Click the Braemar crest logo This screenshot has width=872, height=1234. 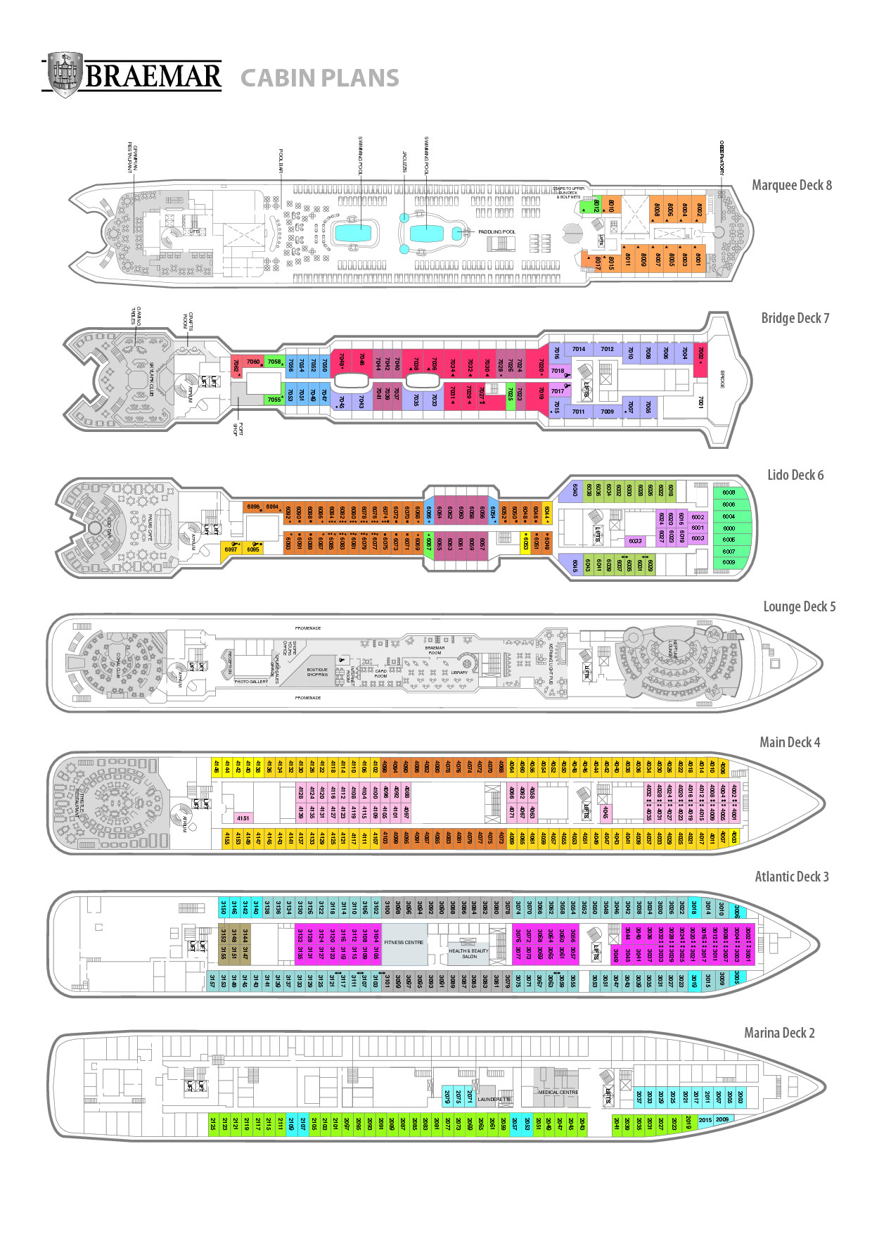click(62, 74)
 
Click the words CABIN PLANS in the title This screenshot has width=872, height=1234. click(319, 78)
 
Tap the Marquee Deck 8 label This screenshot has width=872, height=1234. click(791, 185)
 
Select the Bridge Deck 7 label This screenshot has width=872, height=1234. click(795, 318)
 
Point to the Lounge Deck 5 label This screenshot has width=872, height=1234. click(799, 606)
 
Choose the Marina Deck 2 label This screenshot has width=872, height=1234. click(779, 1033)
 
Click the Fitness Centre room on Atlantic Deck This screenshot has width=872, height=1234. click(404, 942)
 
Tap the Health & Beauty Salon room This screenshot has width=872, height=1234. click(469, 953)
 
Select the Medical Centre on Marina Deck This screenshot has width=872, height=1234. click(558, 1093)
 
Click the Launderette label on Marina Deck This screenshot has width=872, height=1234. click(494, 1099)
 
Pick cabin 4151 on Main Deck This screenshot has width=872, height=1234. click(243, 818)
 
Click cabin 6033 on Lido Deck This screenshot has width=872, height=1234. click(635, 541)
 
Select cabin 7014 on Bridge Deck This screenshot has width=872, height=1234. click(579, 349)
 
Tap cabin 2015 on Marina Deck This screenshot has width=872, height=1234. click(705, 1120)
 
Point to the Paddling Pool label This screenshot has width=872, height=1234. click(496, 231)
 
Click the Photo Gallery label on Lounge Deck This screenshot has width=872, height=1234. click(251, 681)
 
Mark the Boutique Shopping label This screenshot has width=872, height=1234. click(317, 672)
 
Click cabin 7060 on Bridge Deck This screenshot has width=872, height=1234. click(253, 362)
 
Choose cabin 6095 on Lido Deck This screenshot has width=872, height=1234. click(253, 549)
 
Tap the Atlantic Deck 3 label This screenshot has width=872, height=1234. click(791, 877)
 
